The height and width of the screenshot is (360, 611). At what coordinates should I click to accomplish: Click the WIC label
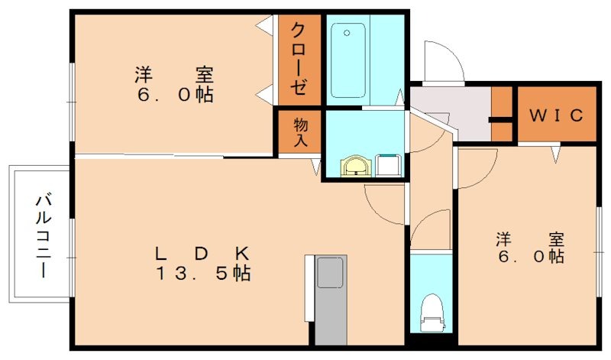557,115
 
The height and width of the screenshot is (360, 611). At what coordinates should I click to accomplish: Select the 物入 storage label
299,132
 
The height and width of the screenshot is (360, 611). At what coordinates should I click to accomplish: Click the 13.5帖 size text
203,274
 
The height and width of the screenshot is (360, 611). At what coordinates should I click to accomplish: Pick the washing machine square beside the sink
389,164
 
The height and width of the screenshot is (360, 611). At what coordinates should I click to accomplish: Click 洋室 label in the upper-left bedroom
174,76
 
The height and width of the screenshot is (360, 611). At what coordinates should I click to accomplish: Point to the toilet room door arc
429,229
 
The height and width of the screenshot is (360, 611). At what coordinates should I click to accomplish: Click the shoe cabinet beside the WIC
501,115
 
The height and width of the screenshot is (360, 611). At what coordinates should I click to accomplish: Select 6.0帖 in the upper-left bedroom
174,96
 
